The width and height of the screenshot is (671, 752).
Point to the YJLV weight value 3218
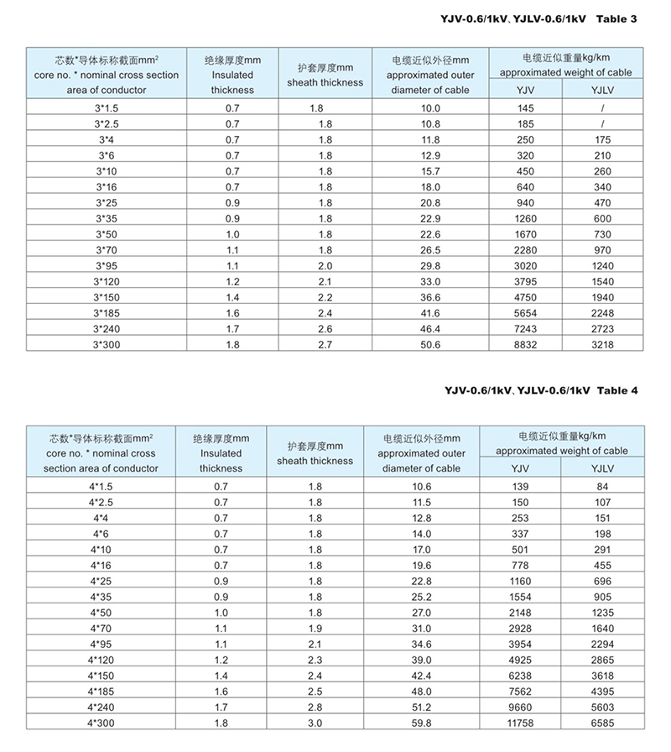click(602, 344)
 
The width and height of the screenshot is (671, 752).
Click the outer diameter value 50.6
click(430, 344)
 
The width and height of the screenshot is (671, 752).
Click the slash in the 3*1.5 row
click(602, 109)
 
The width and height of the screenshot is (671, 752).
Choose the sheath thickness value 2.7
click(325, 344)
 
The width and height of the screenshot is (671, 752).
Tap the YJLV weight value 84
click(602, 487)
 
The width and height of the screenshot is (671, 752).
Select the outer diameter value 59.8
click(422, 722)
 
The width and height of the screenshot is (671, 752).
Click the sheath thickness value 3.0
click(315, 722)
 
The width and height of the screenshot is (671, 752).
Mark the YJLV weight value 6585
click(602, 722)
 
